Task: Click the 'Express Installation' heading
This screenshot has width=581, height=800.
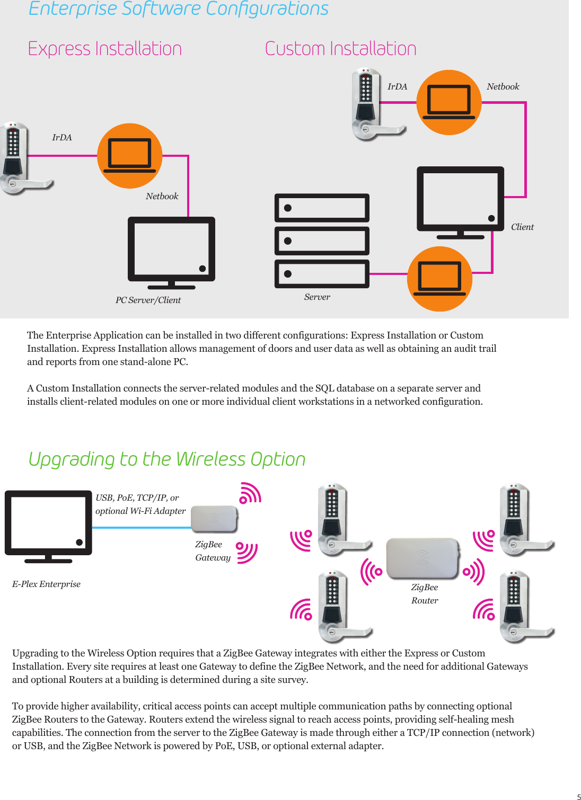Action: (104, 49)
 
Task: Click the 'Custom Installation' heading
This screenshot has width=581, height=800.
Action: (340, 49)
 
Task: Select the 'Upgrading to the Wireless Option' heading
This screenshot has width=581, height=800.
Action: (167, 459)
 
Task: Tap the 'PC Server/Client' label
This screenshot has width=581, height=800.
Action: (148, 300)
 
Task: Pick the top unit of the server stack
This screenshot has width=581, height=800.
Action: (322, 208)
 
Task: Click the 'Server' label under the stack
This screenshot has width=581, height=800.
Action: (317, 297)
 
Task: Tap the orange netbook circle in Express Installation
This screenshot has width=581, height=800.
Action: (130, 156)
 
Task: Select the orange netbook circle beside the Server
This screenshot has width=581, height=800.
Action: (439, 279)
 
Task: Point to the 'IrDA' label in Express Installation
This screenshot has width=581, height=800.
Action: (62, 138)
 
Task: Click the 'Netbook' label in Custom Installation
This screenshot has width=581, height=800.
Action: (503, 87)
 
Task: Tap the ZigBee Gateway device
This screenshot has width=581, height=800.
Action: (214, 519)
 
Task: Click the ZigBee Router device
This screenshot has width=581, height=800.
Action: (422, 558)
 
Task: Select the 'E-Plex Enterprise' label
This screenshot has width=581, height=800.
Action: (47, 584)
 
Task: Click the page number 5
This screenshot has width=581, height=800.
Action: (578, 797)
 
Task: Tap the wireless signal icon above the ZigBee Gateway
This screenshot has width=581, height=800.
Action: (250, 493)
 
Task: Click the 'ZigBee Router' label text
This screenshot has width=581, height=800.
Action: (425, 594)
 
